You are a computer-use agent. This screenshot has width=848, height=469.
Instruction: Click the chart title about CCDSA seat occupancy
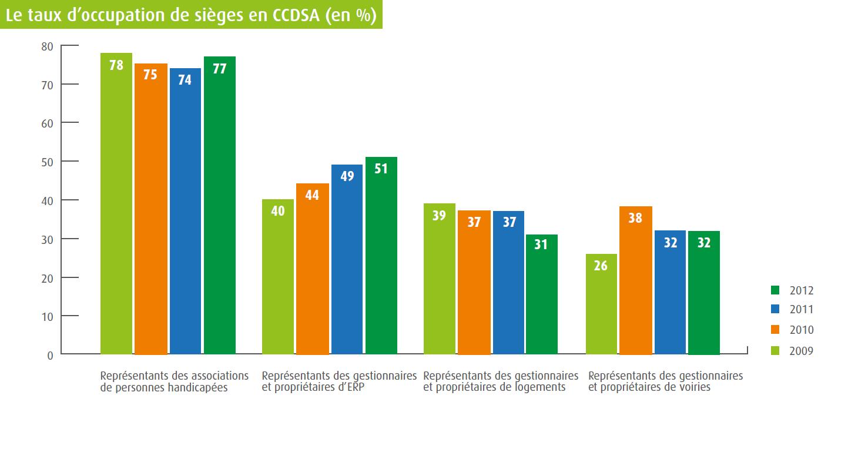pyautogui.click(x=191, y=15)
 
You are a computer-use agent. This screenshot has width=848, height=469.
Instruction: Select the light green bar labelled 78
pyautogui.click(x=116, y=206)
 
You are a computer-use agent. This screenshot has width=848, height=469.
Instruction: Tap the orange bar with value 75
pyautogui.click(x=150, y=212)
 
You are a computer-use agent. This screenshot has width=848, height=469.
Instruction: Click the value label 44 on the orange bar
pyautogui.click(x=312, y=195)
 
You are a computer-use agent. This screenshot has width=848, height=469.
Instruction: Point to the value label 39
pyautogui.click(x=439, y=215)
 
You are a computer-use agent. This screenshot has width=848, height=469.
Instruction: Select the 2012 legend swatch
pyautogui.click(x=775, y=290)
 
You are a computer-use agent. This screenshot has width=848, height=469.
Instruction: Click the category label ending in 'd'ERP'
pyautogui.click(x=339, y=381)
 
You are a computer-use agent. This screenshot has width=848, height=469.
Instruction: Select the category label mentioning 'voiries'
pyautogui.click(x=665, y=381)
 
